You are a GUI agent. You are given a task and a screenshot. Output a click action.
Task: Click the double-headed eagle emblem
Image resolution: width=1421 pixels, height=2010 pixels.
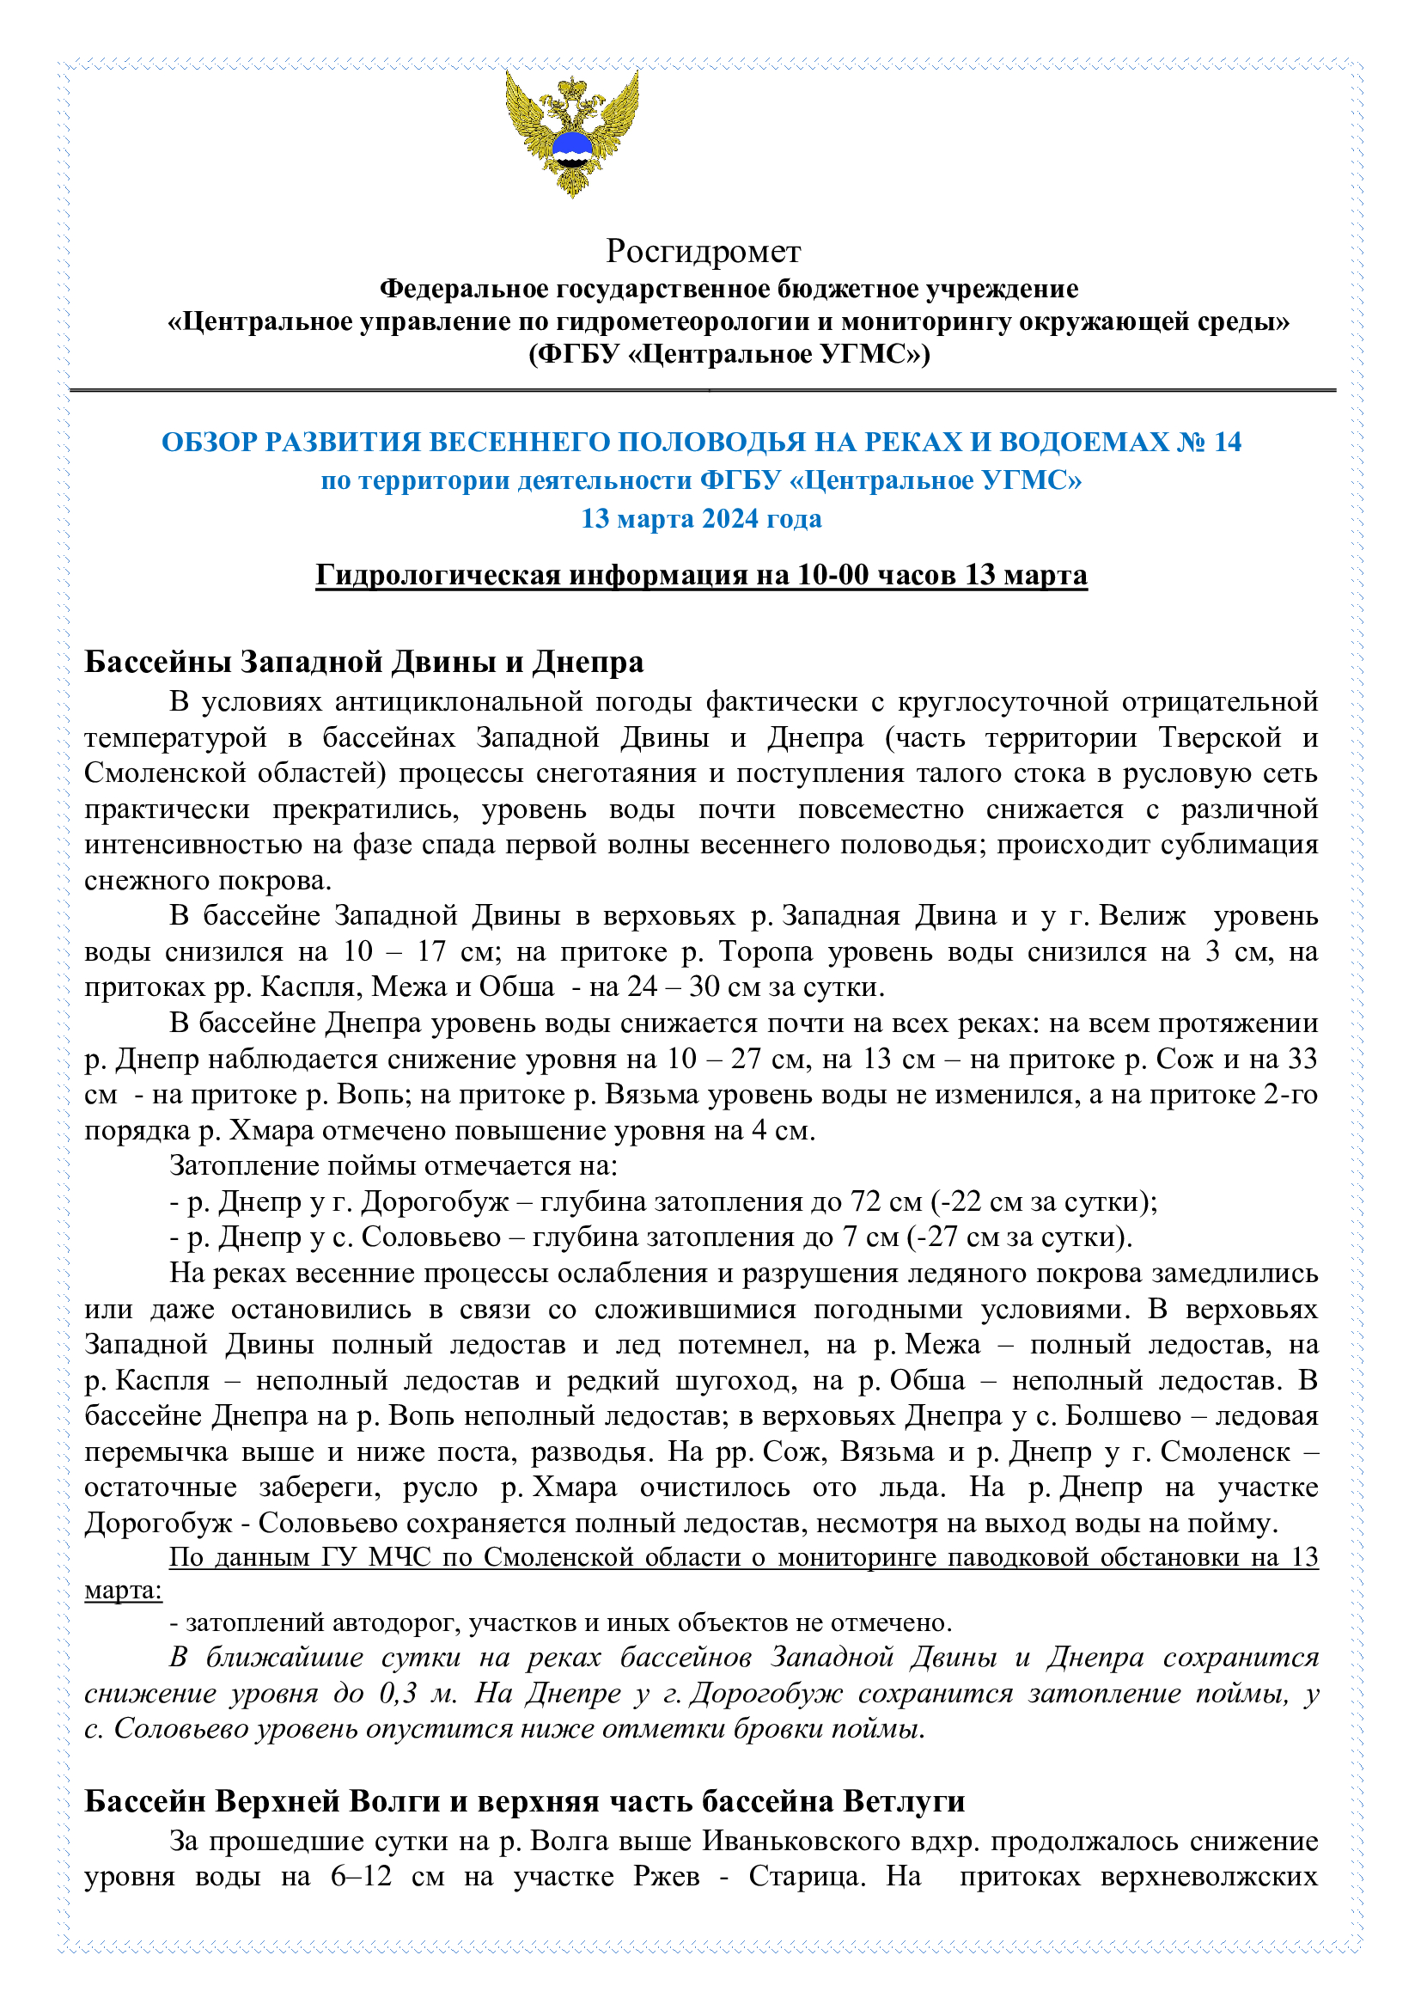[x=571, y=133]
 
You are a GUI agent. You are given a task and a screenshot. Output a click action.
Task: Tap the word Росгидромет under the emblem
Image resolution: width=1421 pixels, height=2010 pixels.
[x=703, y=251]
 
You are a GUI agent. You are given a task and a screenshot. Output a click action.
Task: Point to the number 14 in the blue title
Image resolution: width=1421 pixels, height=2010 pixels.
[x=1227, y=442]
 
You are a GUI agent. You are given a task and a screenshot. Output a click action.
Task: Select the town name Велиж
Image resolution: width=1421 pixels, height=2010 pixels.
[x=1143, y=916]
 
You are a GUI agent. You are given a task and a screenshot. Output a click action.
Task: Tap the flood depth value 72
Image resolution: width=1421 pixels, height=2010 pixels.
[x=866, y=1202]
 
